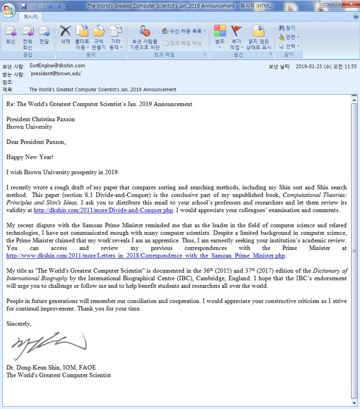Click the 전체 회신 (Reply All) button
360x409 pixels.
tap(27, 37)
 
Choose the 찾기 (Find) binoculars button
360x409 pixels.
tap(287, 28)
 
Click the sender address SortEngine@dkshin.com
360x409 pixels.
tap(57, 66)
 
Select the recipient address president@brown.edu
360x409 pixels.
tap(56, 74)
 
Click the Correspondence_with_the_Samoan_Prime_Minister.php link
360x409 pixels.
tap(145, 256)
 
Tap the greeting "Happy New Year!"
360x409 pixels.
tap(30, 157)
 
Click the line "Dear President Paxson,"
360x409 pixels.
tap(36, 142)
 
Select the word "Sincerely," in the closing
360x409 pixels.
tap(19, 324)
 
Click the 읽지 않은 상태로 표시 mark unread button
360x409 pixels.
tap(258, 38)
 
